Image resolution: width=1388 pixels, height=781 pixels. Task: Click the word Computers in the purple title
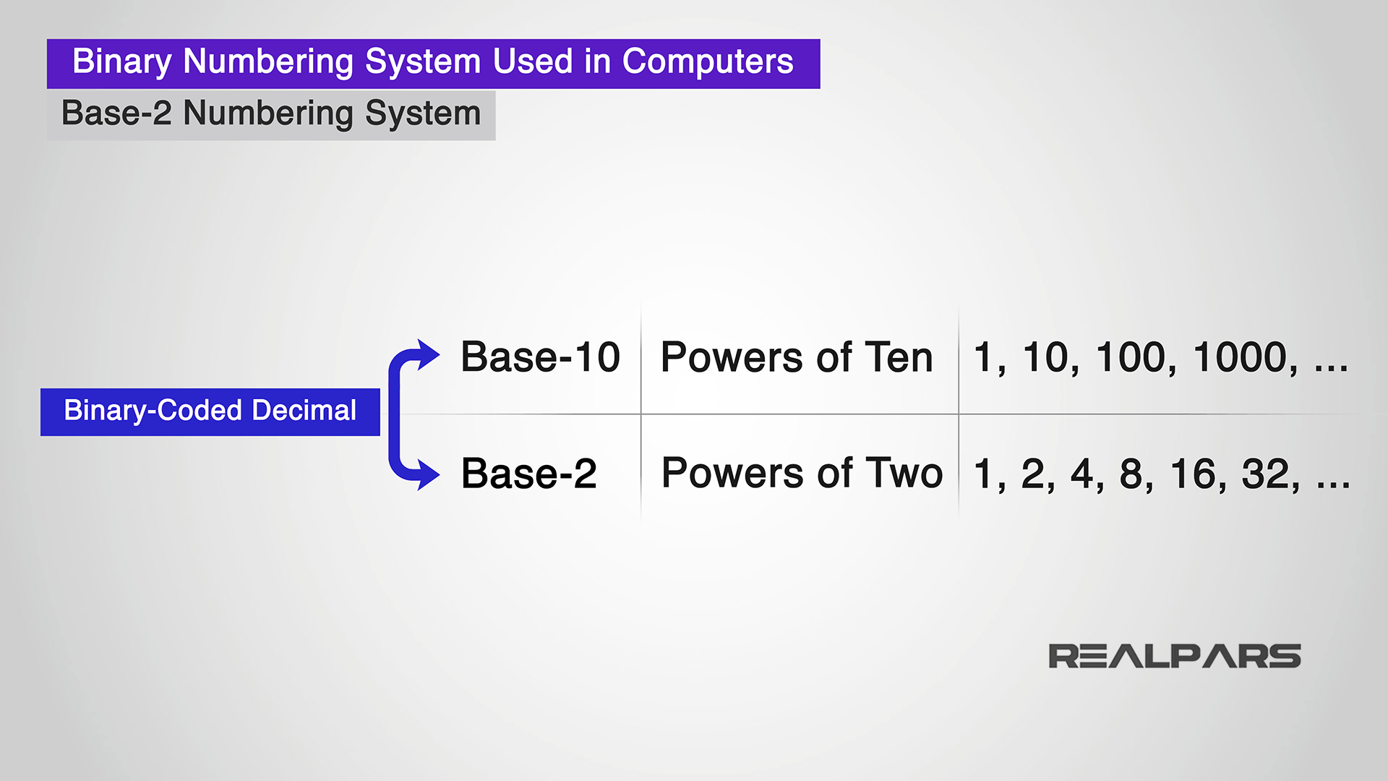[707, 62]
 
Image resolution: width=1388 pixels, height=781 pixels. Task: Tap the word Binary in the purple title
[121, 62]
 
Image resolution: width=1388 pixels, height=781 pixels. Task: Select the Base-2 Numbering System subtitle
[271, 114]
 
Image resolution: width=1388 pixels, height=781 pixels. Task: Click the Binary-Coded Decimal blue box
[210, 411]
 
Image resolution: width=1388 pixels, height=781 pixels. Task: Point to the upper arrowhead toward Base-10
[427, 355]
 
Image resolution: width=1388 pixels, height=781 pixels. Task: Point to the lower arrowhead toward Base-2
[427, 475]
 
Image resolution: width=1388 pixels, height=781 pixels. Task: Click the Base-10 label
[540, 357]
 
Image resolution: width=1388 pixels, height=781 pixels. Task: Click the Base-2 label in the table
[528, 474]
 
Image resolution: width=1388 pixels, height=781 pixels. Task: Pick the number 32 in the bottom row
[1265, 474]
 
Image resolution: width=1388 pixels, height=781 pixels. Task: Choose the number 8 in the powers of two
[1131, 474]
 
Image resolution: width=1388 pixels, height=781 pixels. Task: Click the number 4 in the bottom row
[1081, 474]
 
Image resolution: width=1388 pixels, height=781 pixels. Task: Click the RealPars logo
[1174, 657]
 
